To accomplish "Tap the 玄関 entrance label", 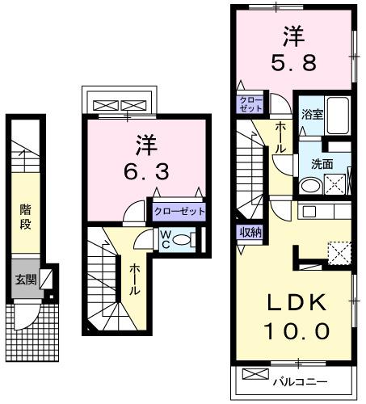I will click(24, 280).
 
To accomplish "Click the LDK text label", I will click(297, 304).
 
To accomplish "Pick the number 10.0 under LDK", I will click(297, 330).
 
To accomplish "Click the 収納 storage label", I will click(249, 232).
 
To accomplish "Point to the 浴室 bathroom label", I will click(313, 113).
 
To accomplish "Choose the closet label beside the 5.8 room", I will click(246, 103).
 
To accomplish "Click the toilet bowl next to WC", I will click(183, 240).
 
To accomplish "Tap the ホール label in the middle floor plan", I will click(135, 278).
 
